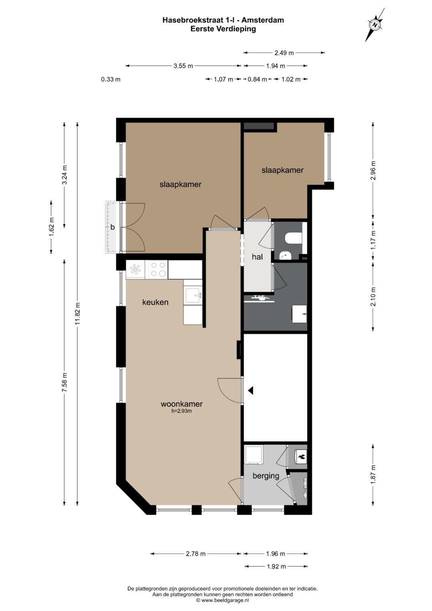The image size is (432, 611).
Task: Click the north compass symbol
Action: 375,25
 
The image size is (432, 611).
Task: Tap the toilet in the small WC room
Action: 293,238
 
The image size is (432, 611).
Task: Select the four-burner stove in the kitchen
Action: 158,269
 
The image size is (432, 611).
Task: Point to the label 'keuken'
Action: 155,302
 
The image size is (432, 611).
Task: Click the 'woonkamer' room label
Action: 182,404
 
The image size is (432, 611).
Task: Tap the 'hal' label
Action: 257,256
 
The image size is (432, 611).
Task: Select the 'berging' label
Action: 266,476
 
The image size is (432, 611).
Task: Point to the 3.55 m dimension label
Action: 183,66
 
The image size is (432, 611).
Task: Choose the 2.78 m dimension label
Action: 196,554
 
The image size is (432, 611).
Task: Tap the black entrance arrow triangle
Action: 251,391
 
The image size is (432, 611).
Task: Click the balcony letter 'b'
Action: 112,226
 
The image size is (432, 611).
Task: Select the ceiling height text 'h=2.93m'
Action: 181,411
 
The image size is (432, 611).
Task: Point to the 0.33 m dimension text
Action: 110,79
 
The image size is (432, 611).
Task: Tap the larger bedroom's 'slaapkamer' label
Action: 180,184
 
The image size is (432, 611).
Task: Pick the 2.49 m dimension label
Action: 284,53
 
